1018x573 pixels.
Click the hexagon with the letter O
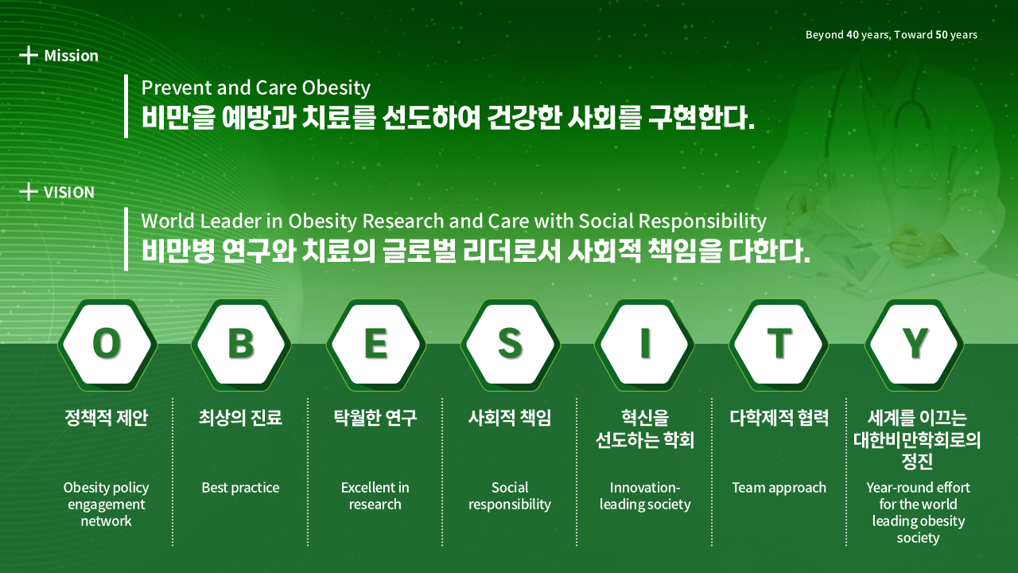point(107,345)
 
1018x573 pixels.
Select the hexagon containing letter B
point(241,345)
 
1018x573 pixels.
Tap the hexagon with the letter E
point(376,345)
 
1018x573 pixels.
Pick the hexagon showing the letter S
point(511,345)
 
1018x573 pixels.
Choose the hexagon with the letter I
point(644,345)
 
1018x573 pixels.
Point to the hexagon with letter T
point(779,345)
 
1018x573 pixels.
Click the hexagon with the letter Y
point(915,345)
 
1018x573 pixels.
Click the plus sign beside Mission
point(28,55)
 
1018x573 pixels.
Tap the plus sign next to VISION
point(28,192)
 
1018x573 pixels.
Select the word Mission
point(72,56)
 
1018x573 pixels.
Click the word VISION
point(69,193)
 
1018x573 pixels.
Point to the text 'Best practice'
point(240,488)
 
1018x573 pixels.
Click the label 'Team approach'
point(779,488)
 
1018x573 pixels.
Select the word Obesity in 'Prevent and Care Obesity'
point(336,88)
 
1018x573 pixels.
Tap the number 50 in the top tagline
point(942,34)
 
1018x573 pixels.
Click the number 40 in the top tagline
point(853,34)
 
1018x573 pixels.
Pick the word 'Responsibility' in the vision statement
point(702,221)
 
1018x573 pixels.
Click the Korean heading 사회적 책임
point(510,418)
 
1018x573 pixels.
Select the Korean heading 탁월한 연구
point(375,418)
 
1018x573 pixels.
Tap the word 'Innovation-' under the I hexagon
point(645,488)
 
